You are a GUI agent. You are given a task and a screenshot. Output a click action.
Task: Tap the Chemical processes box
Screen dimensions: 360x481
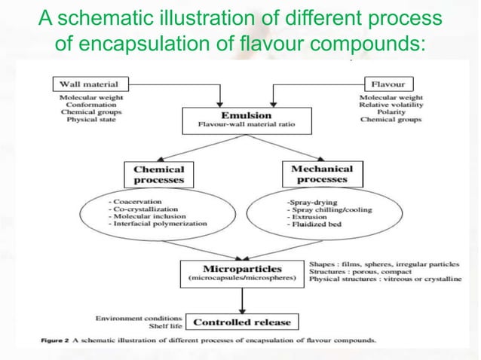pos(158,175)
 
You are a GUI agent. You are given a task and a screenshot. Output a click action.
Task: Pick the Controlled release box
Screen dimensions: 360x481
pos(241,323)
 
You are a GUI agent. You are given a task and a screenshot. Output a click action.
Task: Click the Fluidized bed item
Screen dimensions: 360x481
pos(311,225)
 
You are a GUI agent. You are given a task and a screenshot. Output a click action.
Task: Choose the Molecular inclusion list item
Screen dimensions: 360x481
pos(139,218)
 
